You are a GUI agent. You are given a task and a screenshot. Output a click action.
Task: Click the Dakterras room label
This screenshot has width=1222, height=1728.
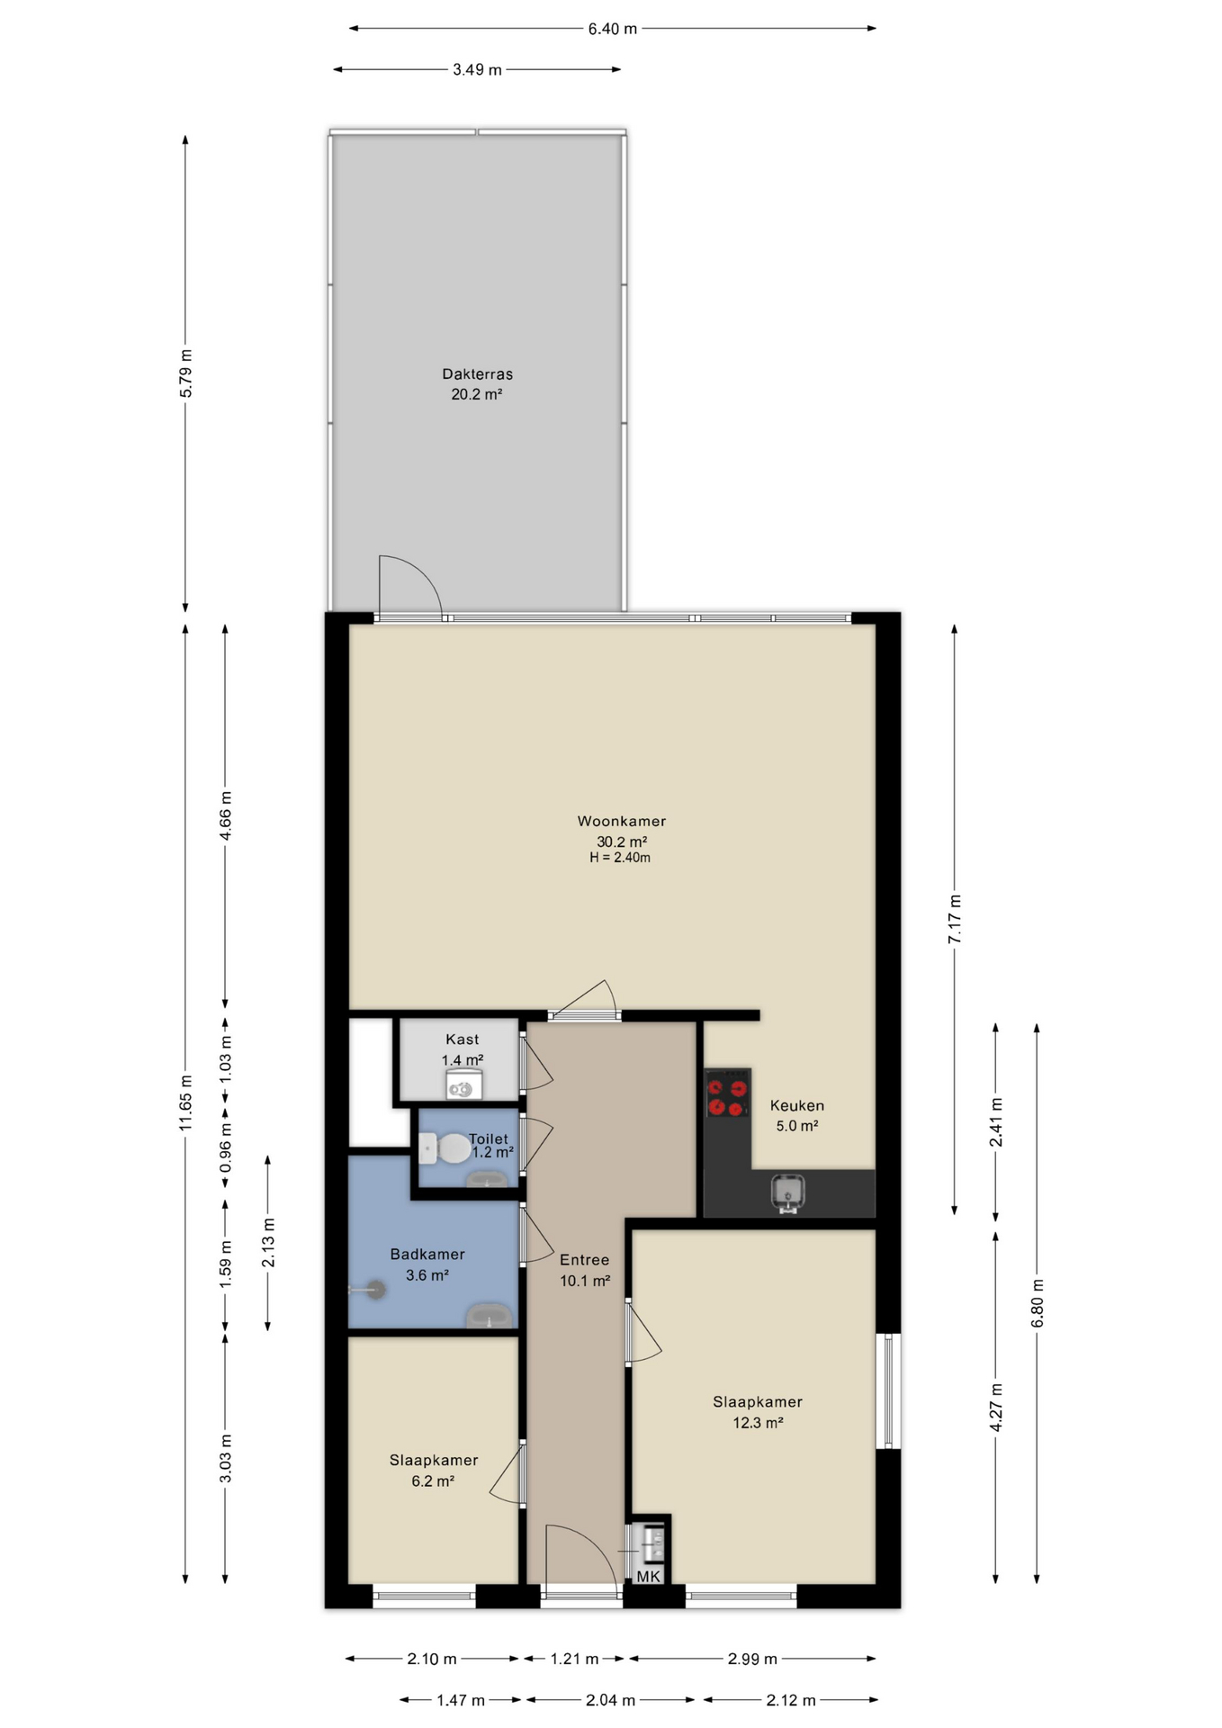477,373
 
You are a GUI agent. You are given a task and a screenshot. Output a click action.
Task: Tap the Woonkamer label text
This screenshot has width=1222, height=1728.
622,821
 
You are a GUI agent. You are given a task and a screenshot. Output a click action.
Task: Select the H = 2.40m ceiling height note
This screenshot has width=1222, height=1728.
620,858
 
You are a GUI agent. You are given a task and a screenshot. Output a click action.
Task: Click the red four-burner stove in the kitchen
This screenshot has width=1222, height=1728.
727,1093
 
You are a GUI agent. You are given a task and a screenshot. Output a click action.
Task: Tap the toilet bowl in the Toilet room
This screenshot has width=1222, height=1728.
445,1148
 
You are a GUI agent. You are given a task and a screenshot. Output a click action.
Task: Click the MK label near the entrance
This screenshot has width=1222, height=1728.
649,1576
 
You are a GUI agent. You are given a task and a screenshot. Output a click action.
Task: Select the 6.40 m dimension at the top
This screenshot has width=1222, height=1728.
613,29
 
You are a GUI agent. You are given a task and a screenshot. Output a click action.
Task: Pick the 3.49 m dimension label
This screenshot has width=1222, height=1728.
477,69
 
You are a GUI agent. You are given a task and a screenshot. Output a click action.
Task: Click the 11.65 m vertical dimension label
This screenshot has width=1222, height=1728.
185,1102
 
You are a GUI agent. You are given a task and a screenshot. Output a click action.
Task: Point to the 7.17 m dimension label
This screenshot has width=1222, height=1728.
955,919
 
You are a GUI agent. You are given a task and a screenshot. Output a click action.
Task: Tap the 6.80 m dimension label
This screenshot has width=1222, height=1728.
1038,1302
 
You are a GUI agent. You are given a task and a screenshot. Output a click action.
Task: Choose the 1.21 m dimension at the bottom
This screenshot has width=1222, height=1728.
575,1659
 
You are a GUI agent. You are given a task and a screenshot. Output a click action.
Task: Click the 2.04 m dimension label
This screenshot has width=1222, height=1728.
611,1700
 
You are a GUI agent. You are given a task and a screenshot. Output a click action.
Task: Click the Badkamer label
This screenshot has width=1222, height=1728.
427,1254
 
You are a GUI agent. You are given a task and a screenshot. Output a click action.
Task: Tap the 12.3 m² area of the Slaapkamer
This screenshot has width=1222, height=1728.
758,1423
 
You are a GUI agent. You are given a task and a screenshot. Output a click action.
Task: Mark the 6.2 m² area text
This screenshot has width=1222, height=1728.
433,1481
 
